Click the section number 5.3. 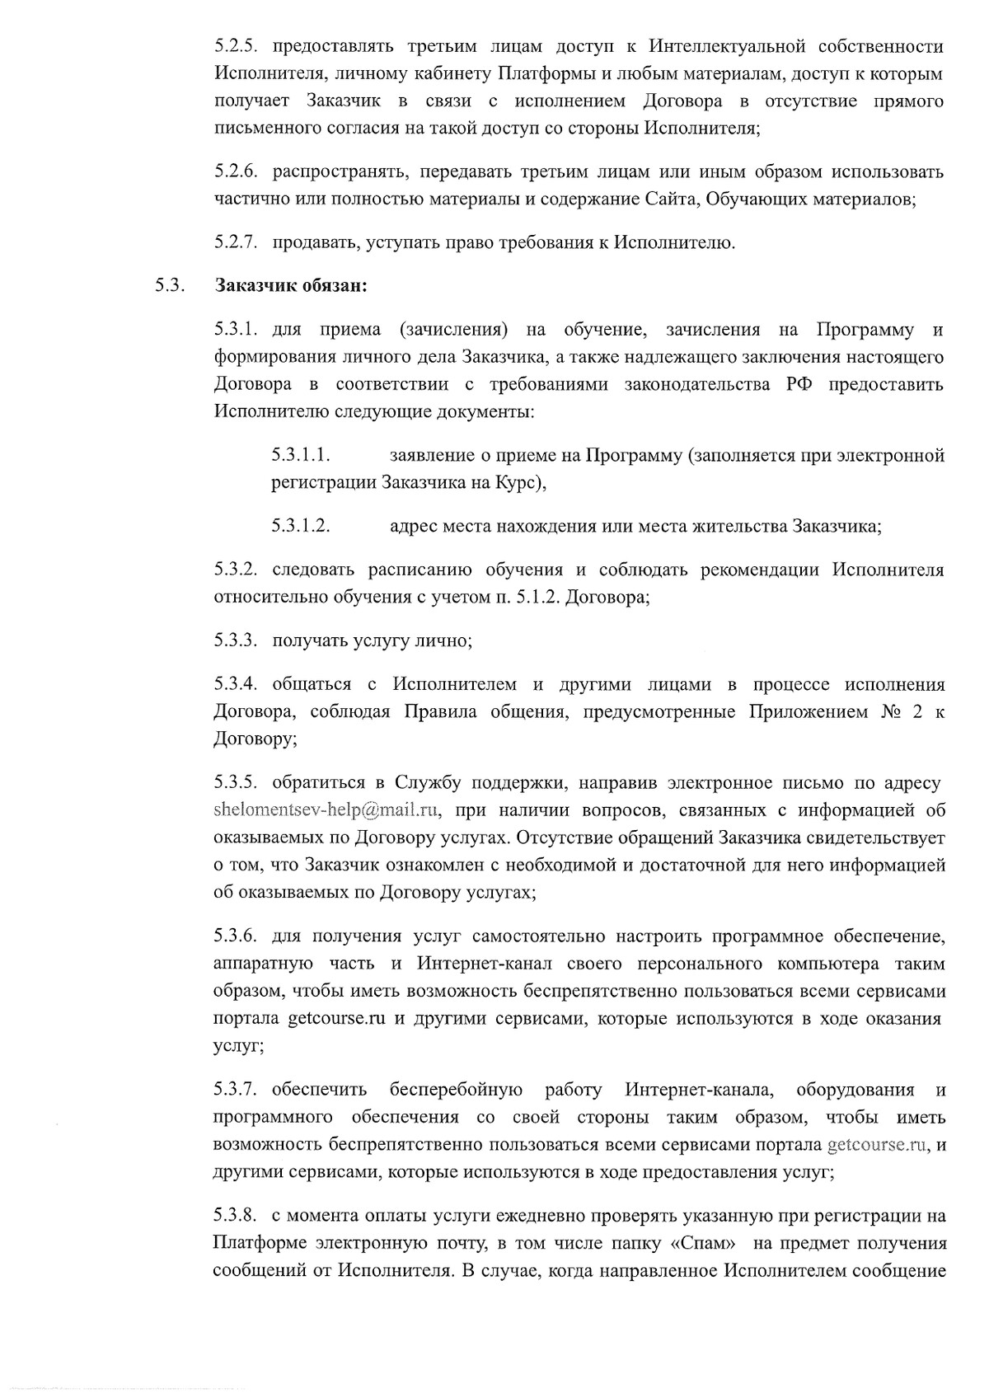[x=167, y=286]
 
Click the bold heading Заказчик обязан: [x=290, y=286]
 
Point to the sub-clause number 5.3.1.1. [x=301, y=455]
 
